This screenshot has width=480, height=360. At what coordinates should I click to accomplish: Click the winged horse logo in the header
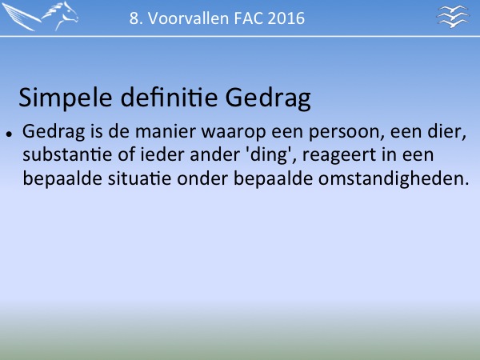click(x=40, y=16)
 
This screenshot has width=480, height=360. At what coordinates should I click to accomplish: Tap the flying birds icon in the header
click(x=453, y=16)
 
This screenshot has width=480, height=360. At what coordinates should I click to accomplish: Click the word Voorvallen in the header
click(x=189, y=18)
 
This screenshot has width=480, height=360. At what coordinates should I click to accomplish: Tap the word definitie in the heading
click(x=169, y=98)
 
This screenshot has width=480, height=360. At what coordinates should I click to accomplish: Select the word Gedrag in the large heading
click(x=268, y=98)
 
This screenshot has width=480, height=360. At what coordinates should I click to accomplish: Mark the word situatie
click(x=139, y=178)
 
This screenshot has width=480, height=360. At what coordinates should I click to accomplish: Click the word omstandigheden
click(x=394, y=178)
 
